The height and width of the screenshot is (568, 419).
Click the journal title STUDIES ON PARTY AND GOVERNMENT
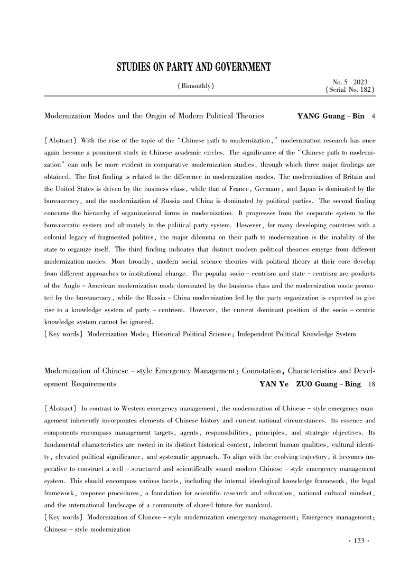pos(193,67)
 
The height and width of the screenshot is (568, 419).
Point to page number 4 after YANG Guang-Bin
pos(374,116)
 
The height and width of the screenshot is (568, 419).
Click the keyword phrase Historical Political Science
pos(193,333)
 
